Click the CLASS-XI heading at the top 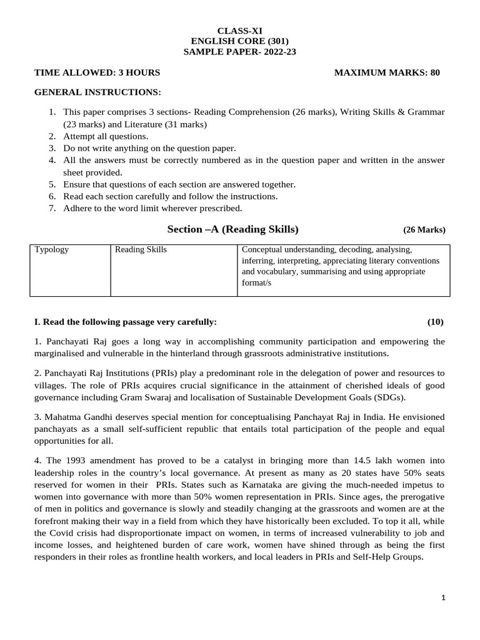point(239,31)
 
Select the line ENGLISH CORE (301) point(239,41)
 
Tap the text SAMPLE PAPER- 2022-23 point(239,52)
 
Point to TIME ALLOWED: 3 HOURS point(97,72)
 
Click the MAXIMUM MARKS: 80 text point(387,72)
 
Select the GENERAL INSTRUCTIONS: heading point(97,92)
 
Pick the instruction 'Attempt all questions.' point(106,136)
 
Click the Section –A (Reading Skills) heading point(233,229)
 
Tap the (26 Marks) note point(424,229)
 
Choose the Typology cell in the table point(52,249)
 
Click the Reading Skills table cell point(141,249)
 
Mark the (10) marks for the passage point(436,322)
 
